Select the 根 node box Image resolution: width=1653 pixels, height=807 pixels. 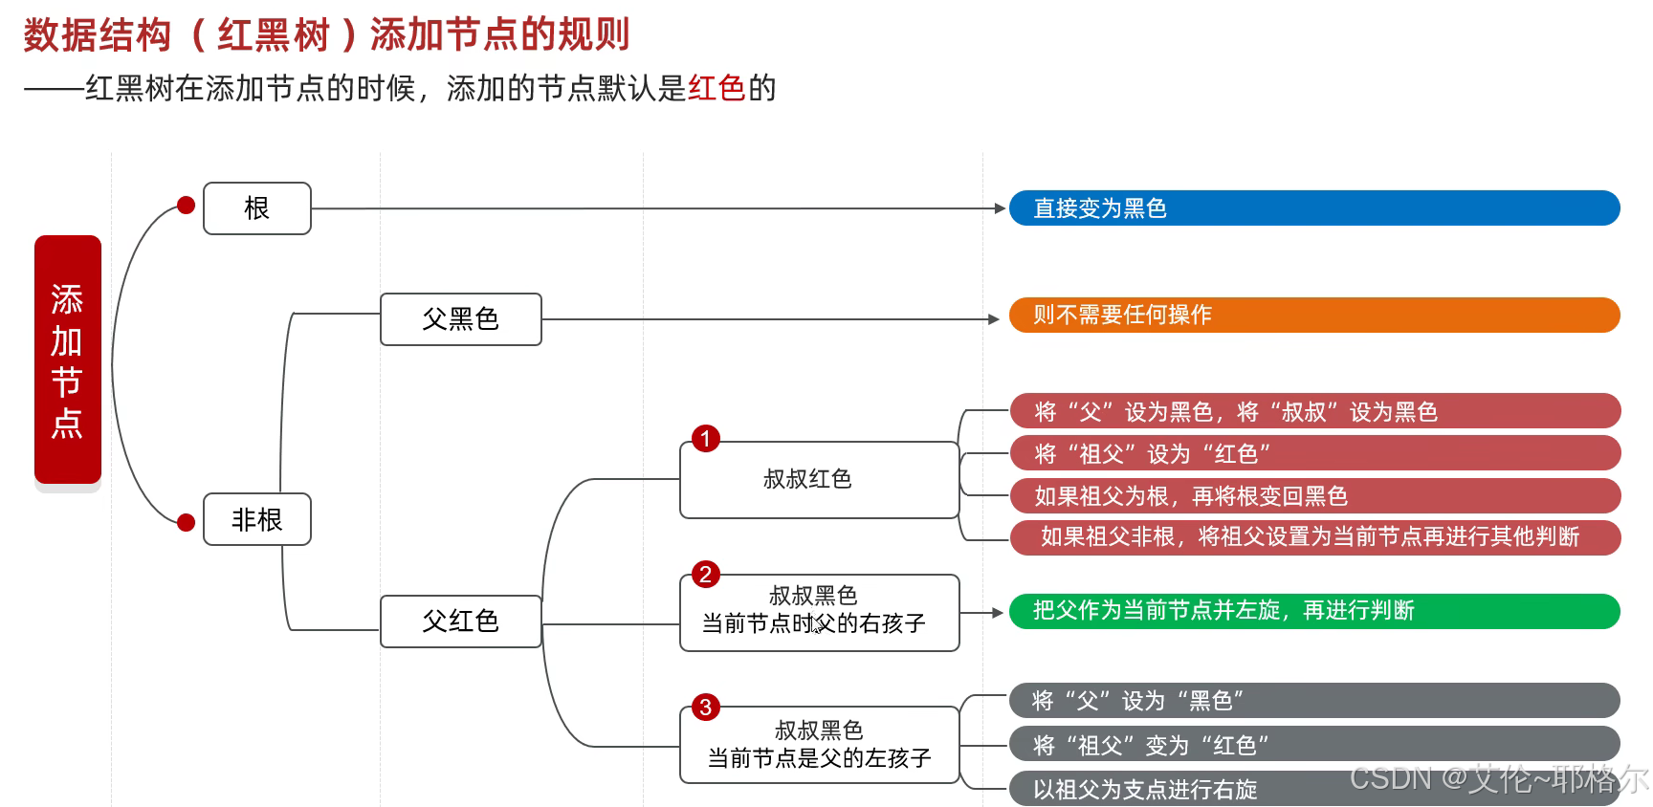coord(256,208)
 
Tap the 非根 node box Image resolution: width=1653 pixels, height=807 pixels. coord(256,519)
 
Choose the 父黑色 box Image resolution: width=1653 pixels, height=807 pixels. coord(460,319)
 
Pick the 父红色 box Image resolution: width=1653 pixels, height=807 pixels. coord(460,622)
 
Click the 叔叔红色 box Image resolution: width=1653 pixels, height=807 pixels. coord(819,480)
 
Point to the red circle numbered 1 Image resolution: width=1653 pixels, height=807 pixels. coord(706,439)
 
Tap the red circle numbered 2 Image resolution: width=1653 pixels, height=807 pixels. coord(706,575)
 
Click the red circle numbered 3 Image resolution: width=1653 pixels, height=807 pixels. coord(706,708)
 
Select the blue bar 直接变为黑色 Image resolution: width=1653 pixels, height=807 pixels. coord(1313,208)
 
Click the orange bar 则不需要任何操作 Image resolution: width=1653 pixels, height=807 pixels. coord(1313,315)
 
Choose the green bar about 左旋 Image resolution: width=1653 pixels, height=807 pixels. coord(1313,611)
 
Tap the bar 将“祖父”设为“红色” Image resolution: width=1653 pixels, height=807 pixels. coord(1314,453)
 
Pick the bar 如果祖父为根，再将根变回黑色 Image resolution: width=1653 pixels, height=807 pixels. coord(1314,495)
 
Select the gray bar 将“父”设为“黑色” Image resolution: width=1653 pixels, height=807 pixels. coord(1313,701)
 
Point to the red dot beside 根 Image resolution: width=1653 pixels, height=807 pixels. coord(187,205)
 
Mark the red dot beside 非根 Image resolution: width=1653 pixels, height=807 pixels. coord(187,522)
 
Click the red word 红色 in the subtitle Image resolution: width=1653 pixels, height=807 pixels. coord(716,88)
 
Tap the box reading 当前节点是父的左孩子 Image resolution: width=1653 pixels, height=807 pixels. coord(819,746)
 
